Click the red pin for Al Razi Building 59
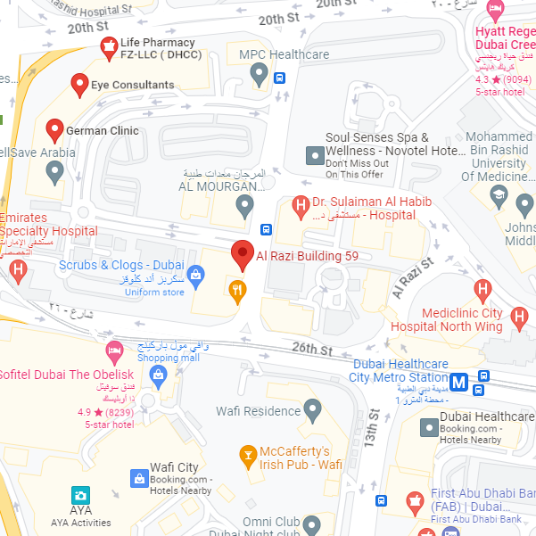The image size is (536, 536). click(x=243, y=254)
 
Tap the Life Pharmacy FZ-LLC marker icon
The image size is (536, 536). click(x=108, y=45)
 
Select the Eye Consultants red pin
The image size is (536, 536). click(x=78, y=85)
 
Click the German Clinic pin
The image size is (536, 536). click(x=54, y=130)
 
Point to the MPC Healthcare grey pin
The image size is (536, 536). click(x=260, y=75)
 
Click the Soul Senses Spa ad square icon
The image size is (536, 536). click(x=314, y=155)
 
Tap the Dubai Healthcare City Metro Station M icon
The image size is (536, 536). click(x=458, y=382)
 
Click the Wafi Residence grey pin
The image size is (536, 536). click(x=312, y=410)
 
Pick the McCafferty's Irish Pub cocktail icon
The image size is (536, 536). click(x=248, y=458)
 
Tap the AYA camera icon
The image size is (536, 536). click(x=81, y=495)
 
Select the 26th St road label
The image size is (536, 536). click(x=311, y=349)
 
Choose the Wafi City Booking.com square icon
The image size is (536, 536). click(x=139, y=479)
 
